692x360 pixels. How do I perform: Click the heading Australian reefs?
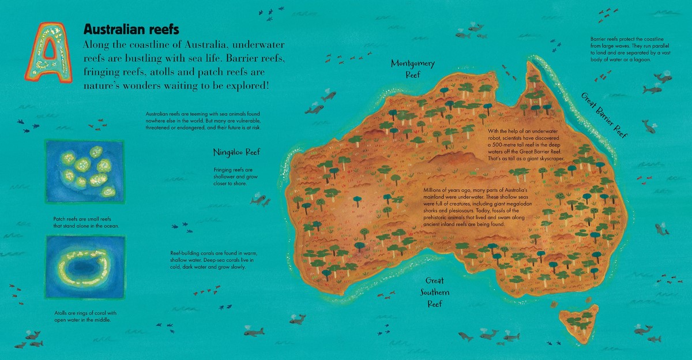coord(131,29)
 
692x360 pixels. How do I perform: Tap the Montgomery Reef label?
coord(412,69)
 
